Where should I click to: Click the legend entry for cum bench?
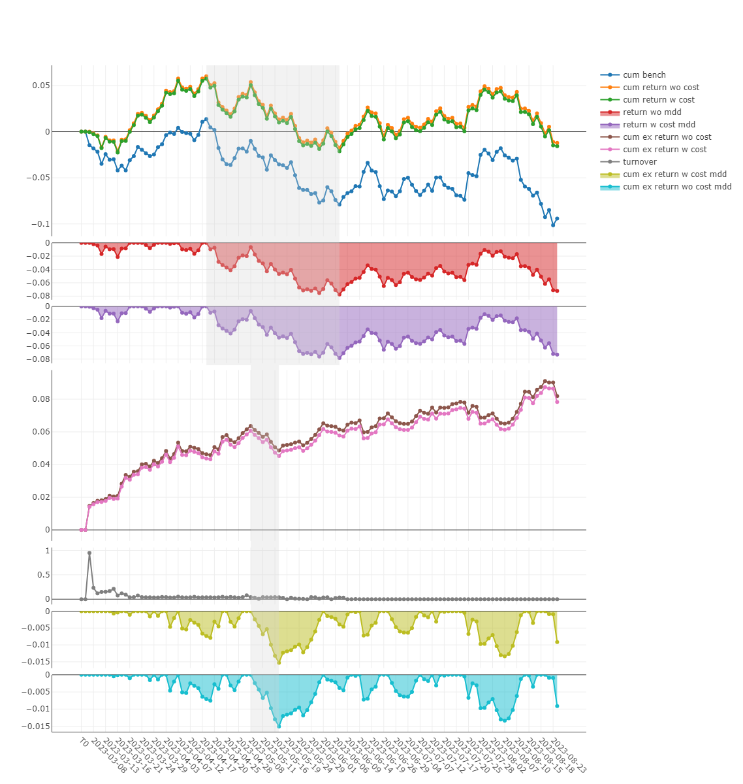pos(644,75)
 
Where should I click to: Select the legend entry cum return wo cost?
pos(661,88)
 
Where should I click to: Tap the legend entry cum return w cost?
pos(658,100)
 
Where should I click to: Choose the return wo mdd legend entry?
pos(652,112)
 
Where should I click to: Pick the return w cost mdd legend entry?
pos(659,125)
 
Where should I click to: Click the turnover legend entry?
pos(639,162)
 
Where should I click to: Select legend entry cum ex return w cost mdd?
pos(674,174)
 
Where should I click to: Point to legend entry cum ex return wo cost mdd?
pos(677,187)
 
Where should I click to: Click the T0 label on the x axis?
pos(83,742)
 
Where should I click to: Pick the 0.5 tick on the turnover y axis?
pos(43,575)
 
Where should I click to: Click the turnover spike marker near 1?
pos(89,553)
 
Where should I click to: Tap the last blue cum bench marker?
pos(557,219)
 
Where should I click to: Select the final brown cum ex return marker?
pos(557,397)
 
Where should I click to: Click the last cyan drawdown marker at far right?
pos(557,706)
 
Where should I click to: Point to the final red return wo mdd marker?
pos(557,291)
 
